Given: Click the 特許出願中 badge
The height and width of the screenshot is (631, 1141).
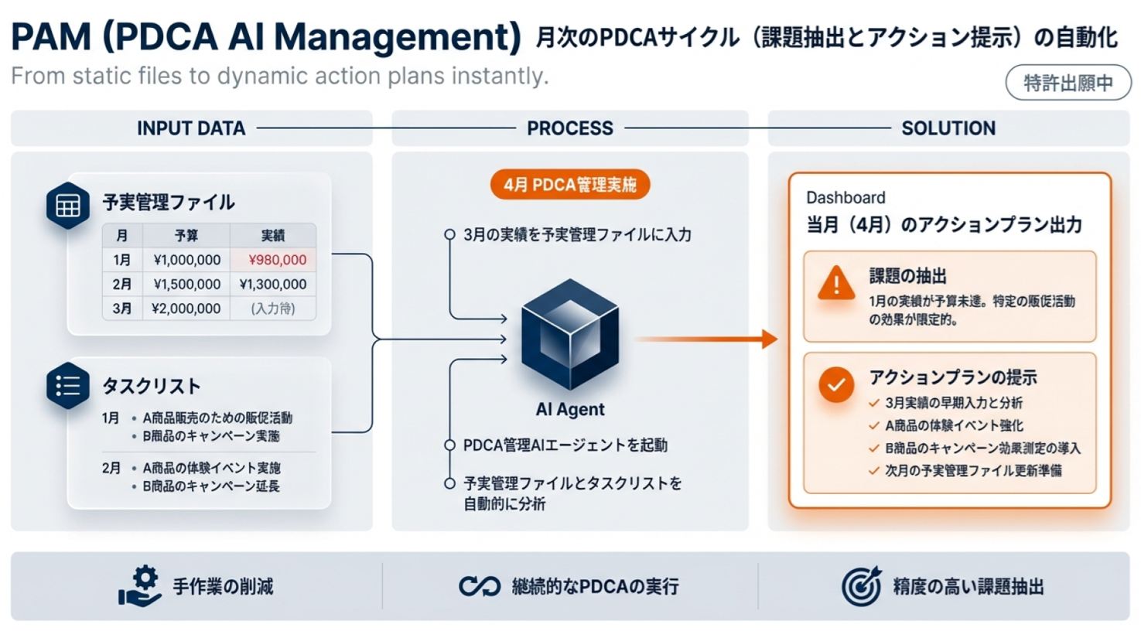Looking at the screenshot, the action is coord(1068,83).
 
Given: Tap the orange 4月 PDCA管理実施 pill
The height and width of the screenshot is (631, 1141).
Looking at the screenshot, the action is coord(570,184).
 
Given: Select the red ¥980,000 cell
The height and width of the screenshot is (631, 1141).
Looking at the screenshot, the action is coord(273,260).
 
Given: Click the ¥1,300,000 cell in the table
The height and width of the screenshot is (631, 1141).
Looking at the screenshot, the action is coord(273,284).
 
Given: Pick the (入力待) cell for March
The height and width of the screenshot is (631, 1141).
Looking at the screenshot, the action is coord(273,309).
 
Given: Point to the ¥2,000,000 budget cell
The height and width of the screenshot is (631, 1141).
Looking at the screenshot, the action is coord(186,309).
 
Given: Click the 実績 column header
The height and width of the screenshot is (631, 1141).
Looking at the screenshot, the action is coord(273,235).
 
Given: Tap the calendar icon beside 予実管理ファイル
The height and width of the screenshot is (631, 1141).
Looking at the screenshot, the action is coord(68,205).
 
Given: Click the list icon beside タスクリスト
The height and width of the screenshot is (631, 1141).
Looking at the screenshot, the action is coord(68,386).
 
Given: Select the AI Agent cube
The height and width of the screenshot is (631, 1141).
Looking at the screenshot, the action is coord(570,335).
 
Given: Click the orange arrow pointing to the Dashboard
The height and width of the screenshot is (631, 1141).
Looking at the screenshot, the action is coord(706,339).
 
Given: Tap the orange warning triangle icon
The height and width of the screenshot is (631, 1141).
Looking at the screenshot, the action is coord(836,283).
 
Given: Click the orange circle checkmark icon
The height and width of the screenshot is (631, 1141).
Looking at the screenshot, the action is coord(836,385).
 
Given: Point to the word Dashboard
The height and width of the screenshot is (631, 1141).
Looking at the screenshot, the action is coord(846,198).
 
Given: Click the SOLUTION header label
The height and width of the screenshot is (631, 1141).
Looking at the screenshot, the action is coord(948,128).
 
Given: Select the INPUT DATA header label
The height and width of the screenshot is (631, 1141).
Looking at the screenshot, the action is coord(192,128).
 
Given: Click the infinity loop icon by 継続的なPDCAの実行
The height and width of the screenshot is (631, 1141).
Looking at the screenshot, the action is coord(480,586).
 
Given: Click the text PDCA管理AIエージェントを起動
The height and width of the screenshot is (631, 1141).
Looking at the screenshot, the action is coord(565,445).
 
